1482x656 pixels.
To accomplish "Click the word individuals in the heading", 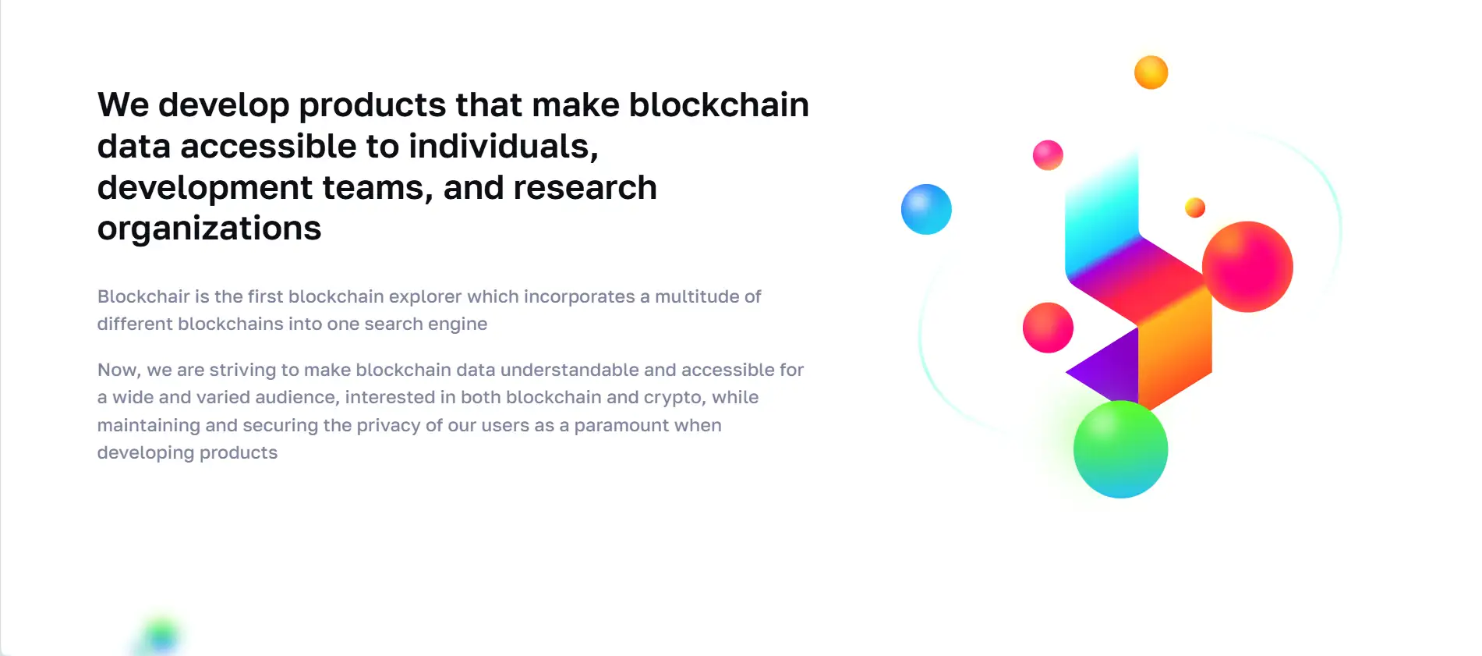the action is pos(503,146).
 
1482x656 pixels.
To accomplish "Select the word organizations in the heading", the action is pos(209,229).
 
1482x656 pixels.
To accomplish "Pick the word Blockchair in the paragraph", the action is pos(143,296).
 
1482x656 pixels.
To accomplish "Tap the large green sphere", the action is pos(1120,449).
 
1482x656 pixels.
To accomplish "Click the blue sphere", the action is pos(926,209).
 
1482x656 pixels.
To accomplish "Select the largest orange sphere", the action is pos(1151,73).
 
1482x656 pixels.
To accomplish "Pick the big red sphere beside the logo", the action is pos(1247,267).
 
